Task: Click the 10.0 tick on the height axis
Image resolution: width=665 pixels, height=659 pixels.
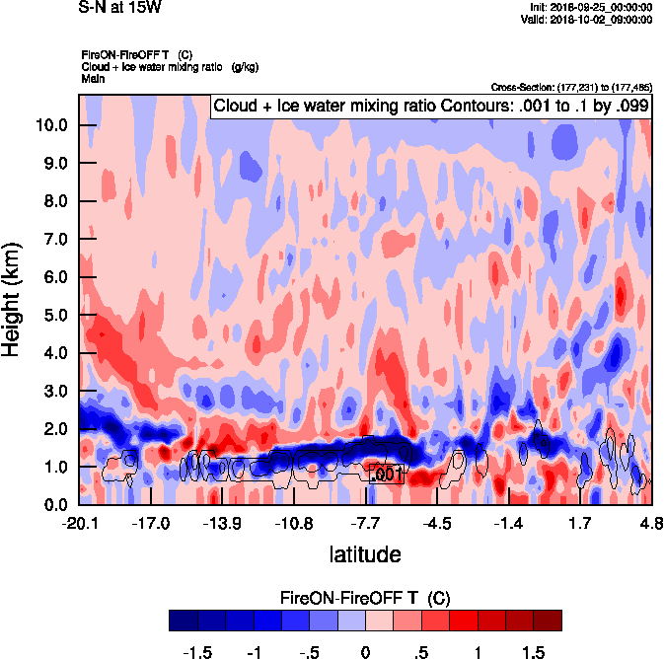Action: click(x=50, y=125)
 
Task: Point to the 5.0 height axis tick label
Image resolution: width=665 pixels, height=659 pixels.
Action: click(x=54, y=316)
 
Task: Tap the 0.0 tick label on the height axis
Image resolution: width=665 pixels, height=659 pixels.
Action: click(x=54, y=505)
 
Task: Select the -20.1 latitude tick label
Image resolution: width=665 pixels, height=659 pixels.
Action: click(x=80, y=523)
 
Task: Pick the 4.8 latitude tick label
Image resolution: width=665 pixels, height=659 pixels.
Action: click(x=650, y=523)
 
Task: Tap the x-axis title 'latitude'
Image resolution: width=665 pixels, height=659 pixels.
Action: click(x=365, y=554)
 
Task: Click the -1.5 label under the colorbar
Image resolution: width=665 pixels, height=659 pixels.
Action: click(x=198, y=651)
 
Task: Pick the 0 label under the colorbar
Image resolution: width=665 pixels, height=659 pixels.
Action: click(x=365, y=651)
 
